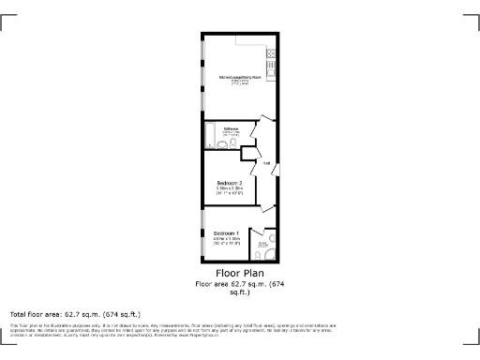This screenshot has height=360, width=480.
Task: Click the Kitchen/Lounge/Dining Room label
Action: click(239, 77)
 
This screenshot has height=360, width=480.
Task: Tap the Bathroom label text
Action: click(231, 128)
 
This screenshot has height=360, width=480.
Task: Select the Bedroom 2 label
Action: click(230, 182)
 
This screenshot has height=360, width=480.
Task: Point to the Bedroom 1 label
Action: click(226, 232)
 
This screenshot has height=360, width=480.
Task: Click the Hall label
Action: click(266, 164)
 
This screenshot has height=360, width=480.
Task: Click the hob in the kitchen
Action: click(271, 68)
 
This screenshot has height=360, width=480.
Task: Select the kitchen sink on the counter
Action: click(271, 52)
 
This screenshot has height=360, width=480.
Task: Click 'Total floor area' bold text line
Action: click(74, 313)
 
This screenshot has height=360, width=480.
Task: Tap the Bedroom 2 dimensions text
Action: click(230, 189)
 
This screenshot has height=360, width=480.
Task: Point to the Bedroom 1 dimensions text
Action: click(226, 240)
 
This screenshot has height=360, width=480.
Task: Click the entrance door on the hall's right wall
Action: click(275, 169)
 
